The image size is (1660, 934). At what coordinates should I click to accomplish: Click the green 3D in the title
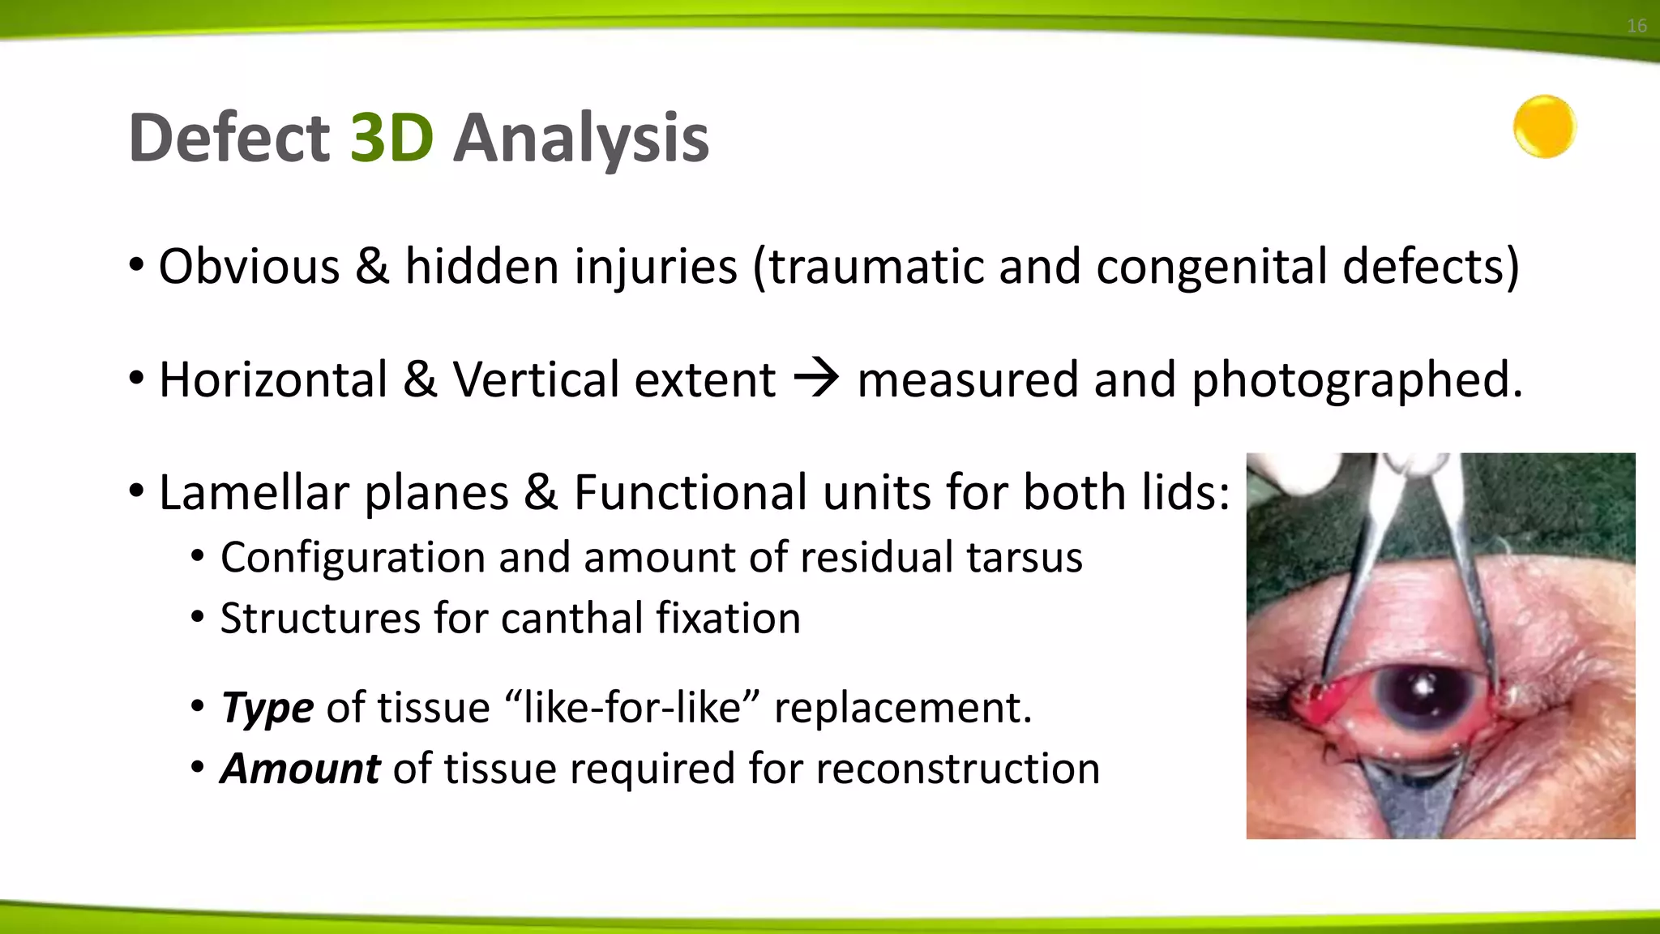(391, 138)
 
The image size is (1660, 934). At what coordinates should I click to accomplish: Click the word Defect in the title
(229, 138)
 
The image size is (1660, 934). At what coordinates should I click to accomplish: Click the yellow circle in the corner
(1544, 127)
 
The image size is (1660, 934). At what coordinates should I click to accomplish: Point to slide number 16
(1636, 26)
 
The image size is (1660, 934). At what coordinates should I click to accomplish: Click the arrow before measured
(815, 379)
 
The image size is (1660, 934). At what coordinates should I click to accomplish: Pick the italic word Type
(267, 708)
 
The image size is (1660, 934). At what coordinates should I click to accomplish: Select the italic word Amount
(300, 769)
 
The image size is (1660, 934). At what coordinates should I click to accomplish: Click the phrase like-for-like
(634, 708)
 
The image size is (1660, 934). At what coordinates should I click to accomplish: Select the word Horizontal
(273, 379)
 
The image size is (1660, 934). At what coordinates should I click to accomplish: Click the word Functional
(691, 492)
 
